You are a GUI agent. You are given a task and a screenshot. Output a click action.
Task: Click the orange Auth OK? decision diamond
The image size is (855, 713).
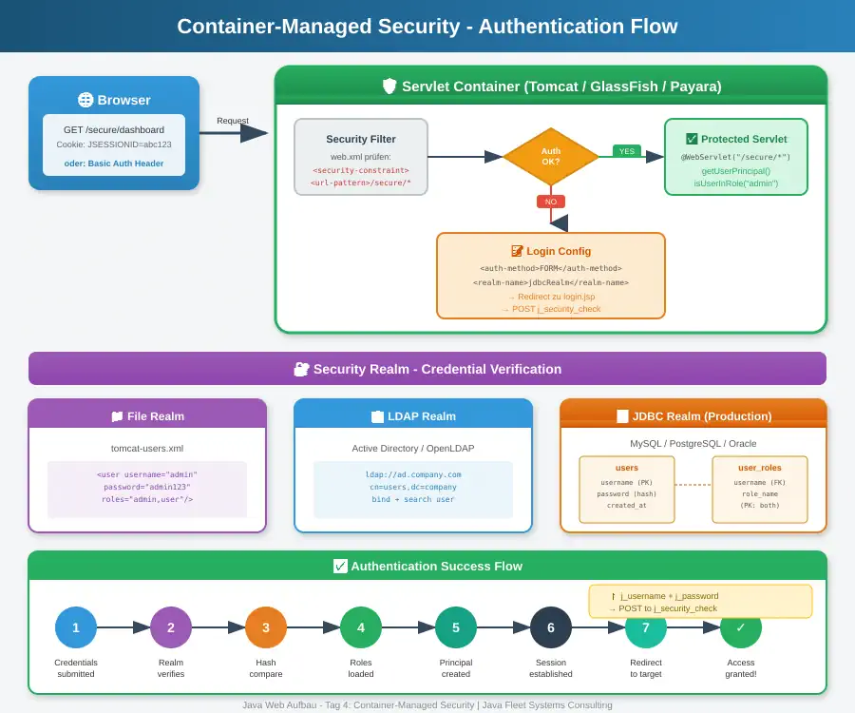[x=551, y=156]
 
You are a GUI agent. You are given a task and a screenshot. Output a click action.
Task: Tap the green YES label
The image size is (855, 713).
[x=627, y=151]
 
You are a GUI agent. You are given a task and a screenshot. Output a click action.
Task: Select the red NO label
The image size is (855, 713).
[x=551, y=202]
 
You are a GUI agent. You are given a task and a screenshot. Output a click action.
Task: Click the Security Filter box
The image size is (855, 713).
[x=361, y=157]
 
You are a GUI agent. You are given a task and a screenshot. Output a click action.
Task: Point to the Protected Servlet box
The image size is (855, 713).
[x=736, y=157]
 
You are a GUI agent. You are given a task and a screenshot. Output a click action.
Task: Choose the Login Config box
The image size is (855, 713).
[x=551, y=276]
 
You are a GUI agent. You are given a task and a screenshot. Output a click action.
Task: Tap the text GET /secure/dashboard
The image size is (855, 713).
[x=114, y=129]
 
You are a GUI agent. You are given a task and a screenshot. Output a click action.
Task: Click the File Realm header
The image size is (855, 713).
[x=147, y=415]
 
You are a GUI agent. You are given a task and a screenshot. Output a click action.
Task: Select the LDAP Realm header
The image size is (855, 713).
[x=413, y=415]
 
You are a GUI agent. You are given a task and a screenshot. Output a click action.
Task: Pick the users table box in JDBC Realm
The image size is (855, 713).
[x=627, y=490]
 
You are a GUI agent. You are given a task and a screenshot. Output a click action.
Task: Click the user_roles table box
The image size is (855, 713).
[x=760, y=490]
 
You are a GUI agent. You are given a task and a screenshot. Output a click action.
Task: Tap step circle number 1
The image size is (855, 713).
[x=76, y=627]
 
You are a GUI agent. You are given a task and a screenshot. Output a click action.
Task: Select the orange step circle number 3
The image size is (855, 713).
[x=266, y=627]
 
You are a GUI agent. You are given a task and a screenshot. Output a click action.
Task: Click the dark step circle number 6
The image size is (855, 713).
[x=551, y=627]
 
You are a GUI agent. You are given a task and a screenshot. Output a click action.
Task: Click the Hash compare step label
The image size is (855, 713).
[x=266, y=668]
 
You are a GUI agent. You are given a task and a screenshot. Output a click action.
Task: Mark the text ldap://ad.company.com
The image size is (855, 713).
[x=413, y=474]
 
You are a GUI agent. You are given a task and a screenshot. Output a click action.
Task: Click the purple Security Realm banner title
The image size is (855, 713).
[x=427, y=369]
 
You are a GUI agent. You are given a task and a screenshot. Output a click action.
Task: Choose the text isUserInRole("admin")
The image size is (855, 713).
[x=736, y=183]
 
